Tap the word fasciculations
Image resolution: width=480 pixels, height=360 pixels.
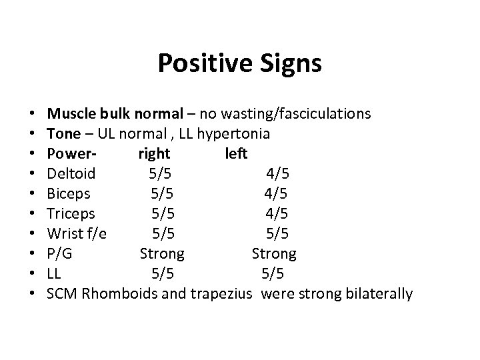pos(319,114)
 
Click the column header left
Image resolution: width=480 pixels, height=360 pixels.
pos(237,154)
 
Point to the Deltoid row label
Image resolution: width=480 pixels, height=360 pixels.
pos(72,174)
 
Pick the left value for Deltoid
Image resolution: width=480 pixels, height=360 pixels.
pos(278,174)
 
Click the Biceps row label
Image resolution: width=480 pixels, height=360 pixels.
pos(69,194)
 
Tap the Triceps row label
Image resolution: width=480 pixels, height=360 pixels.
pos(71,214)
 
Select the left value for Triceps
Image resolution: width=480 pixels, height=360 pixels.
pos(276,214)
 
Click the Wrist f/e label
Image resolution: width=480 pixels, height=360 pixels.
pos(77,234)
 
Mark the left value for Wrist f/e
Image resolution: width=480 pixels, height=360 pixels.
pos(277,234)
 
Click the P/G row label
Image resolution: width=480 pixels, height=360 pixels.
pos(61,253)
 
